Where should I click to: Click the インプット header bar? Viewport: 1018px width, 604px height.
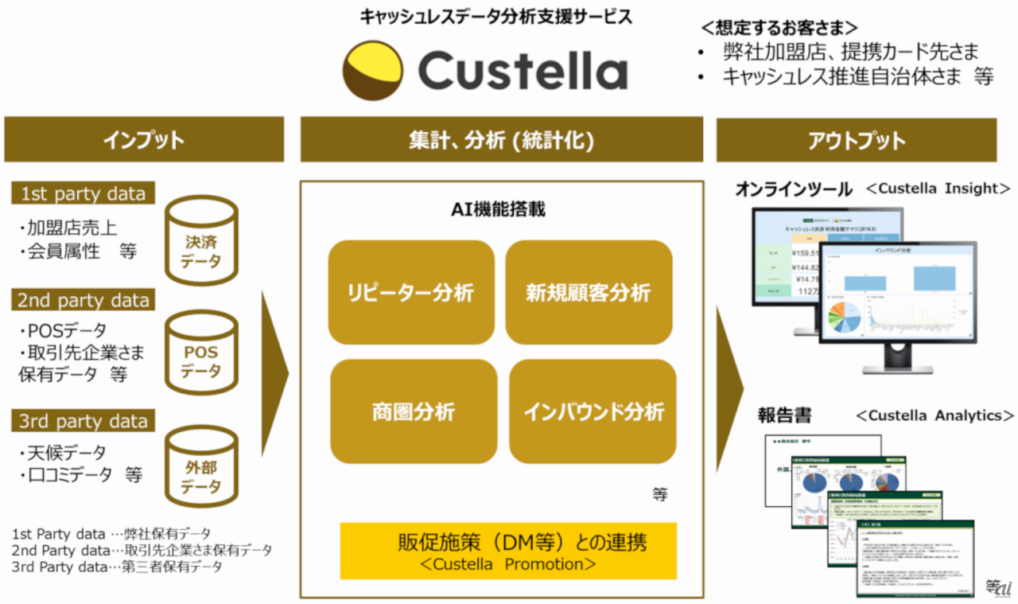(144, 140)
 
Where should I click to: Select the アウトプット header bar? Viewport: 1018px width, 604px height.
(856, 140)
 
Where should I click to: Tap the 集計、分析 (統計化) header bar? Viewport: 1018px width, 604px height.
(501, 140)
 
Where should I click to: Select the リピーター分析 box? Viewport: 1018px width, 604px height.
(411, 293)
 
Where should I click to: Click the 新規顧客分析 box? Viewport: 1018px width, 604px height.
(589, 293)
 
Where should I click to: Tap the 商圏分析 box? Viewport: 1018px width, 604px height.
(414, 411)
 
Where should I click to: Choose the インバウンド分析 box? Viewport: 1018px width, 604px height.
(593, 411)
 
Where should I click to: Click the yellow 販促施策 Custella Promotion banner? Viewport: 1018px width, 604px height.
(508, 551)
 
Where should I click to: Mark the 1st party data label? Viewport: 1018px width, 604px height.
(83, 193)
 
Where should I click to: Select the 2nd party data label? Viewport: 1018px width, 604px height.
(84, 300)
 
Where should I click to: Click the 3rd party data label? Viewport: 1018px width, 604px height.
(84, 420)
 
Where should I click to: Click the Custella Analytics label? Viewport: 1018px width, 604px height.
(934, 415)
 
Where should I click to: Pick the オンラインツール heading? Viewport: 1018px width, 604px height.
(794, 189)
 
